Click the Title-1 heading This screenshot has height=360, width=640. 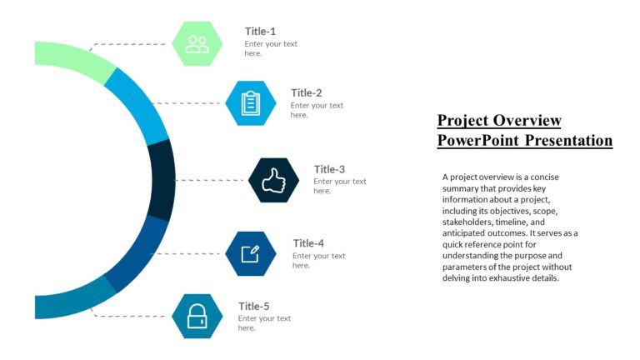pos(260,31)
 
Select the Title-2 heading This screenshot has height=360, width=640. pos(306,92)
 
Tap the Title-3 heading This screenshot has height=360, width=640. pos(329,169)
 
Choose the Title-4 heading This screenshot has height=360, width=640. pos(308,243)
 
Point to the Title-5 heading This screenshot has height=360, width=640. pos(253,306)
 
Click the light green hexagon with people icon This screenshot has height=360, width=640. pos(197,43)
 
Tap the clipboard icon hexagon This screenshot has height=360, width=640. pos(250,103)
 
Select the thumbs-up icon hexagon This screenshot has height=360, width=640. pos(273,180)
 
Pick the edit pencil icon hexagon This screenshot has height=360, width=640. pos(251,253)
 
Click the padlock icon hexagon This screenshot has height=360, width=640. pos(197,316)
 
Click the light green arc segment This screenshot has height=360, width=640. pos(75,61)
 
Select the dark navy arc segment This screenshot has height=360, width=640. pos(162,179)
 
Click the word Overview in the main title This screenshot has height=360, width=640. pos(527,120)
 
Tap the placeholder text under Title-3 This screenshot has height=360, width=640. pos(339,186)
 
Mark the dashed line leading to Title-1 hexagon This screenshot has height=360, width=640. pos(133,43)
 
